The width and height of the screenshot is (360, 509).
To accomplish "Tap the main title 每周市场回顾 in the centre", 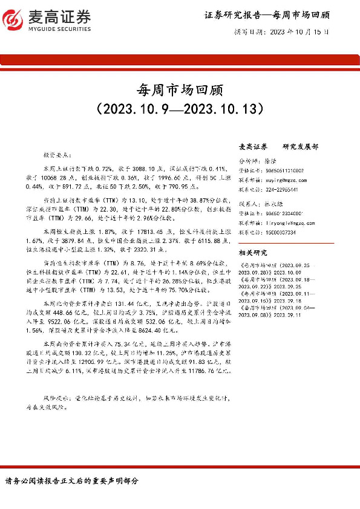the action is tap(180, 91).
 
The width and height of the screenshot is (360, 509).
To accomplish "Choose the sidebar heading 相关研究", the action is tap(254, 253).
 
